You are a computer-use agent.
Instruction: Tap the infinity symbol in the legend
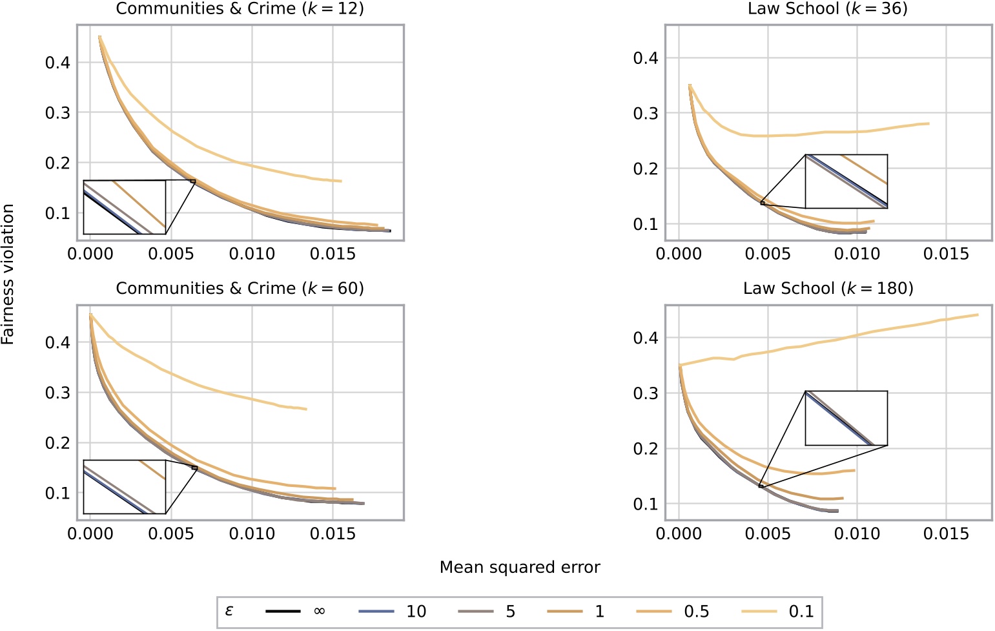319,611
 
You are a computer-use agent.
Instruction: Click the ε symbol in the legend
229,610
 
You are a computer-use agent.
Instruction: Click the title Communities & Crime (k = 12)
240,9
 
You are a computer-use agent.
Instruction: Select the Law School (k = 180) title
828,288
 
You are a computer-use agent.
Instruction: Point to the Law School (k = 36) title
828,9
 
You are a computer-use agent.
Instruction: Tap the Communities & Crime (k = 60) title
240,288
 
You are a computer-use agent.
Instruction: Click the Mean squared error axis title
520,567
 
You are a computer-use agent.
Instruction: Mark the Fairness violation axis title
8,274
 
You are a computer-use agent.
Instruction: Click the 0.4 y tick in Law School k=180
645,338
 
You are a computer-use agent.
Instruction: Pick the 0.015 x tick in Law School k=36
946,254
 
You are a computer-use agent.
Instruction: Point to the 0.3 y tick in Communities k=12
57,113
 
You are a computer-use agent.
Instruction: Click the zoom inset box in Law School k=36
846,181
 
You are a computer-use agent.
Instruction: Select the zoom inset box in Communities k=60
125,486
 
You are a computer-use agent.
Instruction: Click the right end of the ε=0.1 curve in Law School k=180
978,315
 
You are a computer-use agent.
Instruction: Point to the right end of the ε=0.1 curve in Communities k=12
341,181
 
